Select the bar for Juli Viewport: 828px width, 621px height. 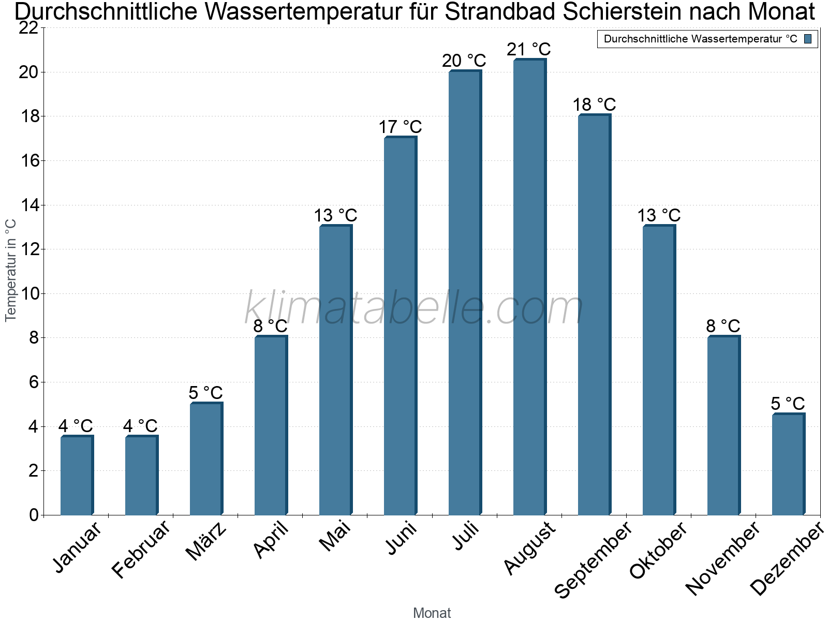click(x=465, y=292)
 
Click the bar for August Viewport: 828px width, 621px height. click(x=529, y=287)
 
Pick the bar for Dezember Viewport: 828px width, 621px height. click(x=788, y=464)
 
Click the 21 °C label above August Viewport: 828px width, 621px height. click(x=528, y=50)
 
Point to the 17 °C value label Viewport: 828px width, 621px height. click(x=400, y=127)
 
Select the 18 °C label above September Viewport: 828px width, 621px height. click(x=594, y=105)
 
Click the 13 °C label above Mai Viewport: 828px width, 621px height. click(x=335, y=215)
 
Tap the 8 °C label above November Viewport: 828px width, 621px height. click(x=723, y=326)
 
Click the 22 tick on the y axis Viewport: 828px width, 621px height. click(x=29, y=28)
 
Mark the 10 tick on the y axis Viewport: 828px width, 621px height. click(x=29, y=294)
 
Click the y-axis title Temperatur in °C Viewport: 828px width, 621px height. click(x=11, y=270)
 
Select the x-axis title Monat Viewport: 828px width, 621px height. click(x=432, y=613)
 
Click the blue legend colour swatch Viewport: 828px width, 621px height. click(x=808, y=39)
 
